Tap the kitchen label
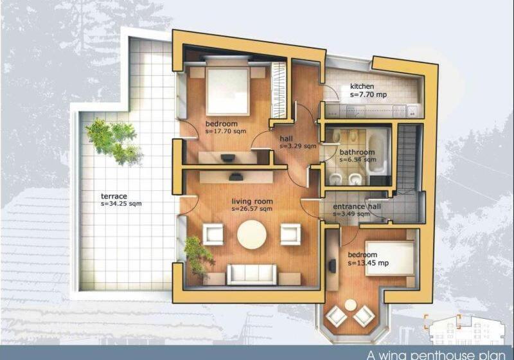click(x=362, y=86)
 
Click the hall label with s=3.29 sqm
click(x=287, y=138)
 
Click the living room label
click(x=252, y=201)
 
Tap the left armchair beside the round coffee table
click(x=213, y=234)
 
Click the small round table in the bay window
click(x=350, y=305)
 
